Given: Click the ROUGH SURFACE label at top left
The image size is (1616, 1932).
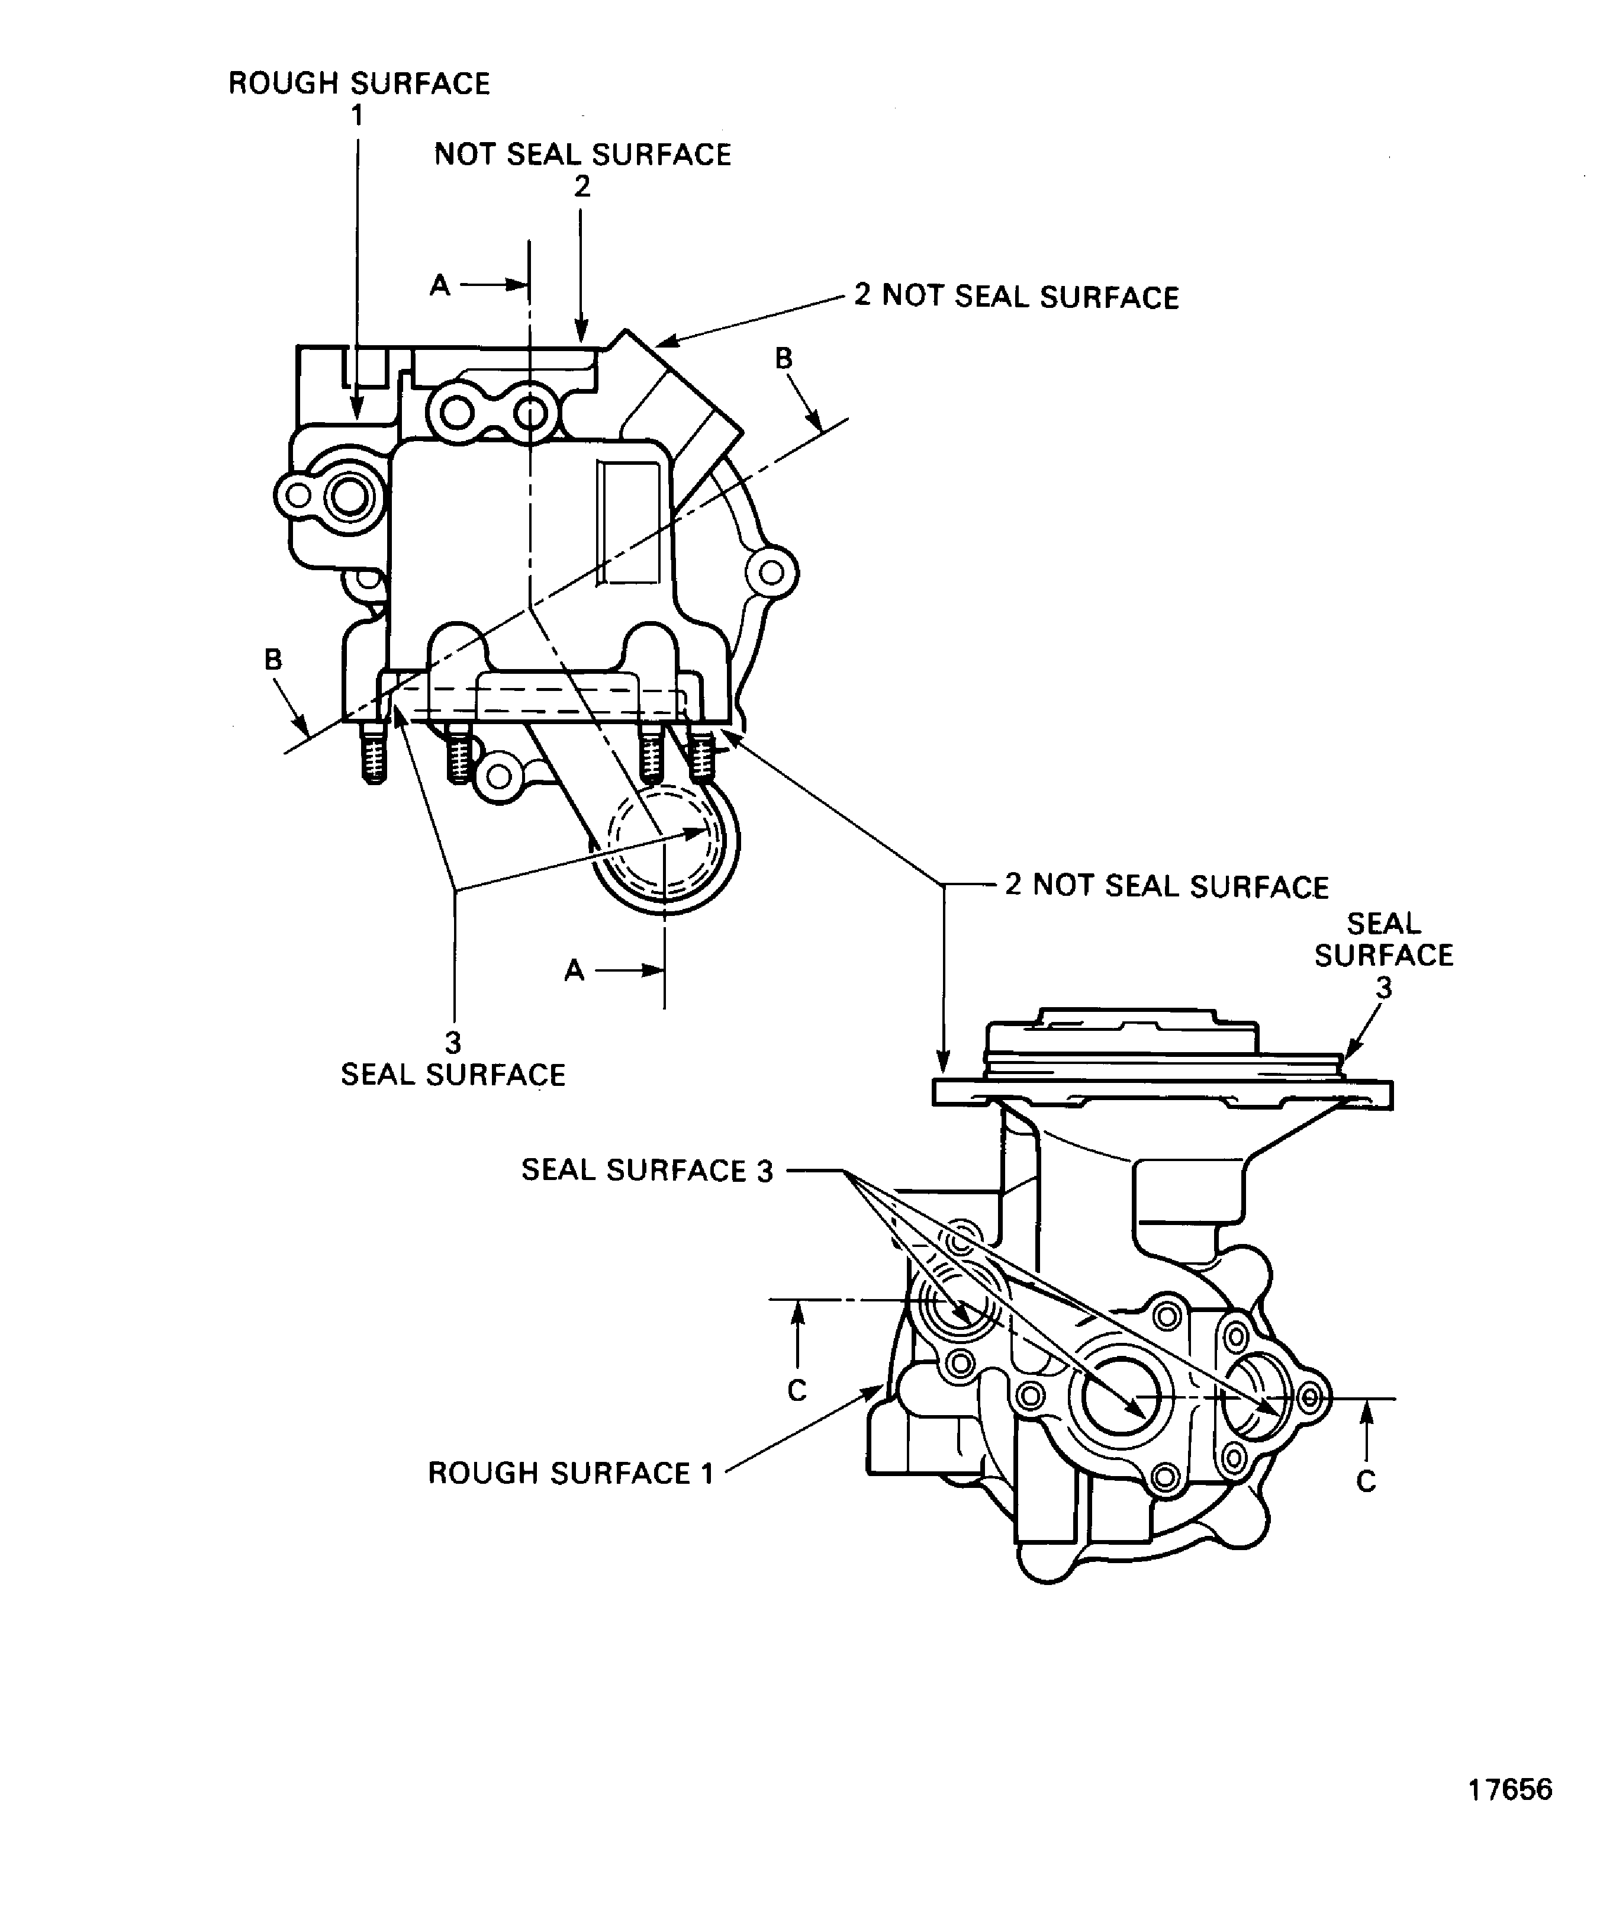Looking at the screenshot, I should (359, 83).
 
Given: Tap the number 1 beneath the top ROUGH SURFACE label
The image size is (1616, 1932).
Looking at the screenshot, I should (357, 116).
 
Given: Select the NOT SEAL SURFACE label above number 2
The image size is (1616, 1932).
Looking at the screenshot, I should (582, 155).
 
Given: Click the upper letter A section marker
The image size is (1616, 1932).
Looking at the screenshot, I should (440, 286).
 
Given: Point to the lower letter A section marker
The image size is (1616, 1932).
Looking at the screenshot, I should (574, 970).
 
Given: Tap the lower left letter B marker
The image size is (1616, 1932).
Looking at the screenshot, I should (273, 660).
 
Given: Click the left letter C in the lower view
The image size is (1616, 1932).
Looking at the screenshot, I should (797, 1390).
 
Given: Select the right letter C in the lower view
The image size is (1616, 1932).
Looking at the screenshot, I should (1366, 1481).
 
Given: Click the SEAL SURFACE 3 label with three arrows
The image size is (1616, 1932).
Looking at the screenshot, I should (646, 1170).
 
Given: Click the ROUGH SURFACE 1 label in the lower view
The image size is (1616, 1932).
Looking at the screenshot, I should (570, 1473).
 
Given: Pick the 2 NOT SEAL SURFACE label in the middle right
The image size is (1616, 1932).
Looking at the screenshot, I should (1166, 886).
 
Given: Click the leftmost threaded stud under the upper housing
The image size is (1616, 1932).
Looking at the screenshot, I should (372, 753).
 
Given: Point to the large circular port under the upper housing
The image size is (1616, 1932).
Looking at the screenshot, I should (664, 844).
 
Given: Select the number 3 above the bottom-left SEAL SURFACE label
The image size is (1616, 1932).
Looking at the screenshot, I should (452, 1042).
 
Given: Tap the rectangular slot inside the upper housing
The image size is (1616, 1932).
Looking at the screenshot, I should (628, 522).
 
